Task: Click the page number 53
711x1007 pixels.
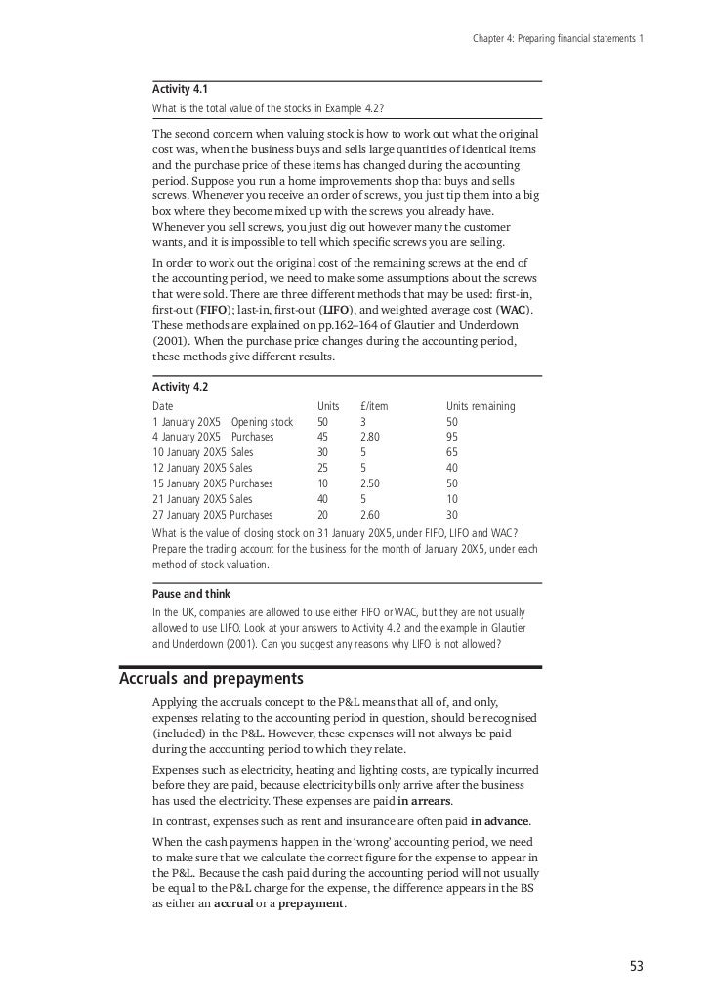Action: (637, 967)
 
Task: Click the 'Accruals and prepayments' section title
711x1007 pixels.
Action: (211, 678)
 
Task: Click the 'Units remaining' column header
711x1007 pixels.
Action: (481, 406)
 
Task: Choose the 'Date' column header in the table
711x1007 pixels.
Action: (164, 406)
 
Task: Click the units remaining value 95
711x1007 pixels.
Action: (452, 438)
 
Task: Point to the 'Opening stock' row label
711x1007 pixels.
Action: (262, 422)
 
